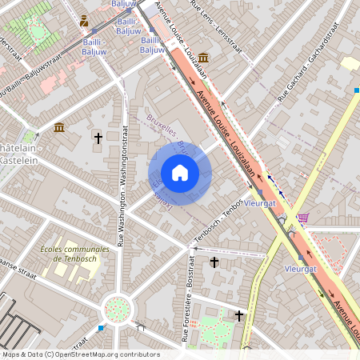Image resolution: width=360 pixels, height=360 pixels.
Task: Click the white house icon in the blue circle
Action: [x=180, y=172]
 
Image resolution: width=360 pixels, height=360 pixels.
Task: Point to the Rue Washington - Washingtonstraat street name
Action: [x=123, y=185]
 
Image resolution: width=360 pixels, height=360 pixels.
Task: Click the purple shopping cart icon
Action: [x=302, y=217]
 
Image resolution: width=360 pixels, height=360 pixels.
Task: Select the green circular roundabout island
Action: [x=118, y=308]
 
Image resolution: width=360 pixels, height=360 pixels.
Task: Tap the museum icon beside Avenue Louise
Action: [x=204, y=58]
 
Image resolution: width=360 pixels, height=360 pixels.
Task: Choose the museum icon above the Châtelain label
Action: [x=59, y=127]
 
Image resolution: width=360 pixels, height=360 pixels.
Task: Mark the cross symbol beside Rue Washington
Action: [x=98, y=138]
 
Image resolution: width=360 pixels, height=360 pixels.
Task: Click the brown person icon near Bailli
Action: [x=84, y=20]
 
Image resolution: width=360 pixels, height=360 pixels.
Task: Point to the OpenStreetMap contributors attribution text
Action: [x=80, y=354]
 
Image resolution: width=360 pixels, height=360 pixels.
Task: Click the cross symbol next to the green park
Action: [x=238, y=316]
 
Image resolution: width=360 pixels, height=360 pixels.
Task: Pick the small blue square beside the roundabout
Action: [x=101, y=327]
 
